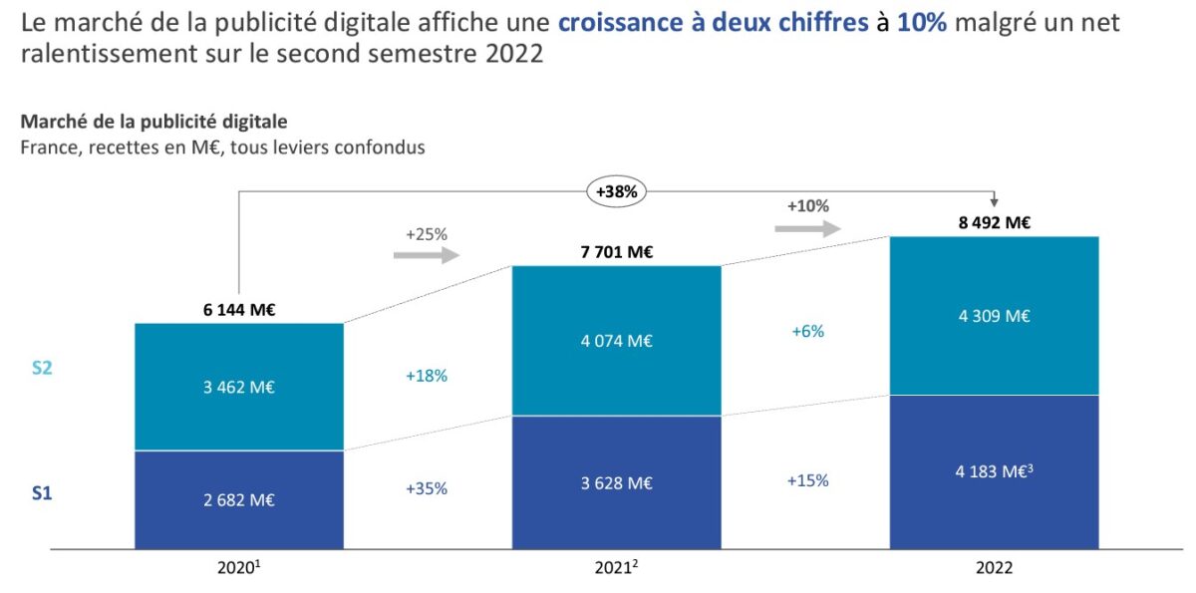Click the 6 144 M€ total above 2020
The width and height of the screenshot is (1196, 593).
coord(239,310)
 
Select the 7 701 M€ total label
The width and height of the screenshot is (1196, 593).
coord(616,252)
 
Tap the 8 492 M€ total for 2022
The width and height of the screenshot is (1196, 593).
coord(994,222)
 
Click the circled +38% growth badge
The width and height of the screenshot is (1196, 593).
coord(617,190)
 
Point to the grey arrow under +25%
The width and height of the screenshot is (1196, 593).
coord(426,255)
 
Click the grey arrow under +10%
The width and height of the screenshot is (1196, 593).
coord(807,227)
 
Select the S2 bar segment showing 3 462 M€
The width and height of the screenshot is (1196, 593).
coord(239,387)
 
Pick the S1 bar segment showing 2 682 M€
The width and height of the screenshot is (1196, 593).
coord(239,498)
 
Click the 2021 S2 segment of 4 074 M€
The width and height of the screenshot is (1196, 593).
coord(616,340)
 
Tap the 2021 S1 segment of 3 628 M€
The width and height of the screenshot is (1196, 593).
coord(616,482)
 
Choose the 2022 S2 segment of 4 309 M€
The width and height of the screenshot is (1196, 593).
coord(994,316)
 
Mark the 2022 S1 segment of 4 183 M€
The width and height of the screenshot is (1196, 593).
coord(994,471)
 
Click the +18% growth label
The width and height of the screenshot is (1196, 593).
coord(427,376)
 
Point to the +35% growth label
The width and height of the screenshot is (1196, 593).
coord(427,488)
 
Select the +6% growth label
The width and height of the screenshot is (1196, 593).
coord(807,331)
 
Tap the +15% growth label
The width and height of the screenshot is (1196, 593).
coord(807,479)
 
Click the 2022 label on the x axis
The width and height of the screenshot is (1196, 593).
coord(994,568)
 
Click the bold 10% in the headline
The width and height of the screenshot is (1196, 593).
coord(923,23)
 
